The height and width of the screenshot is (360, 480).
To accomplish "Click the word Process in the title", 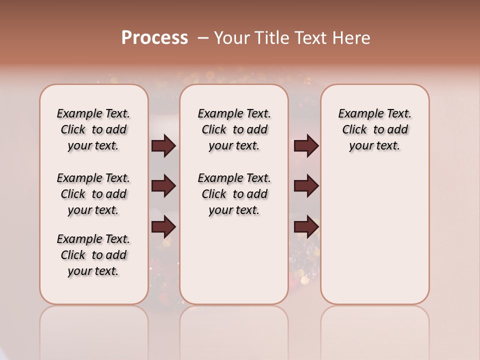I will tap(154, 38).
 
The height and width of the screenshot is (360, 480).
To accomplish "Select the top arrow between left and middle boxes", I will tap(163, 146).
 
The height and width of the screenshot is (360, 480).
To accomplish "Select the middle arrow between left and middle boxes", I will tap(163, 186).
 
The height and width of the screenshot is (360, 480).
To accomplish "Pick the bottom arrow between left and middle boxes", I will tap(163, 227).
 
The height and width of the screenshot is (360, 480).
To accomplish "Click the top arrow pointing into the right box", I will tap(306, 146).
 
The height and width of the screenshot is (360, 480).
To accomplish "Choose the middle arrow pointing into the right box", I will tap(306, 186).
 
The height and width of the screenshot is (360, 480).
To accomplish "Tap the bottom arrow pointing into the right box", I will tap(306, 227).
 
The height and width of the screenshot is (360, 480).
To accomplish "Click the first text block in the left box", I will tap(93, 129).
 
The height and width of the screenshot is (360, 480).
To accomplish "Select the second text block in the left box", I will tap(93, 194).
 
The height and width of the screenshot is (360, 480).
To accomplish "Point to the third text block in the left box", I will tap(93, 255).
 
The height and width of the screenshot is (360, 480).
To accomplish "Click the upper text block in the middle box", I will tap(234, 129).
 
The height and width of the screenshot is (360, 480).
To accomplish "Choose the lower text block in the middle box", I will tap(234, 194).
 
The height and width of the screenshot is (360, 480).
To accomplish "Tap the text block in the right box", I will tap(375, 129).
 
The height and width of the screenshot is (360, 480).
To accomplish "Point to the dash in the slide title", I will tap(203, 38).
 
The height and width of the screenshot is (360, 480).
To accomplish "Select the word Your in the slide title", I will tap(230, 38).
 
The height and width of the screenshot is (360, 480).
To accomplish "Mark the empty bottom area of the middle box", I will tap(234, 265).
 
